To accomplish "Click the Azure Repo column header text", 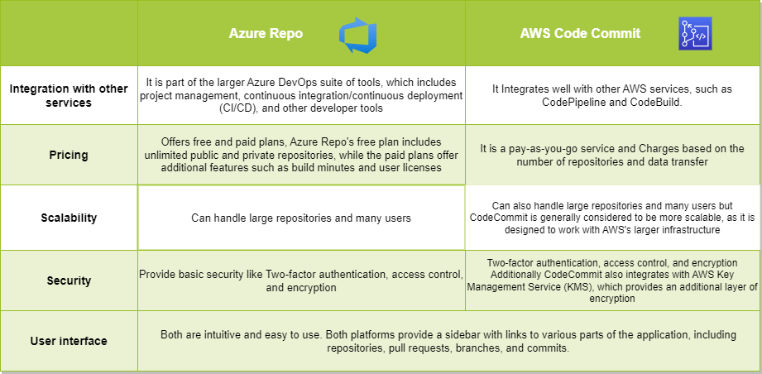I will pos(266,34).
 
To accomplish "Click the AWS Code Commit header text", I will pos(580,34).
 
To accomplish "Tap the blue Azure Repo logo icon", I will pos(357,34).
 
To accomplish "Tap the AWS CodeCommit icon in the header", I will pos(696,34).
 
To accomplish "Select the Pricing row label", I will pos(69,154).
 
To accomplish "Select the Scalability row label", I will pos(69,218).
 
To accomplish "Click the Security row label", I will pos(69,280).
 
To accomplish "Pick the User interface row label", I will pos(69,341).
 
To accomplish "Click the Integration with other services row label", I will pos(69,96).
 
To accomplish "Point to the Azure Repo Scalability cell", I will pos(301,218).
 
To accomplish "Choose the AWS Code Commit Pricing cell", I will pos(613,156).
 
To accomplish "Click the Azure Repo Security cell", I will pos(301,281).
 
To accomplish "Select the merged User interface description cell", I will pos(448,342).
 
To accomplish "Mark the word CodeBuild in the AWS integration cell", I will pos(651,103).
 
